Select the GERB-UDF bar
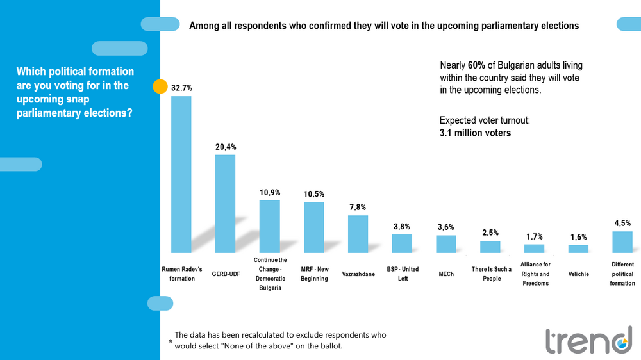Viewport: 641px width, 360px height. pos(225,204)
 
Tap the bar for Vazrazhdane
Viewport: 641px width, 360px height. pos(358,234)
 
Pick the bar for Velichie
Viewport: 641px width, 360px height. pos(578,249)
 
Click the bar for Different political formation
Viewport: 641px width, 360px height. pos(622,241)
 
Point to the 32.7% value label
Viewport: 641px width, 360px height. pos(181,87)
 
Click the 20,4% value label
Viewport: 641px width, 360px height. pos(226,147)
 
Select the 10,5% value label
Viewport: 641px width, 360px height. pos(314,194)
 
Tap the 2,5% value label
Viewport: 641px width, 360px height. pos(490,233)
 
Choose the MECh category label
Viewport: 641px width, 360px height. pos(445,274)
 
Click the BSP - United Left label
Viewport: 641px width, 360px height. pos(402,274)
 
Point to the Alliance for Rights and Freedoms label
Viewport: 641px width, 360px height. pos(535,274)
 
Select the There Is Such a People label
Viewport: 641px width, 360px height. pos(491,274)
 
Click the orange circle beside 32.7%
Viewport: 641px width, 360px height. pos(160,87)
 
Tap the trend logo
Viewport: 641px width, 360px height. pos(588,340)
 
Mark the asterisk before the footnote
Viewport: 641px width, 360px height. pos(171,343)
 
